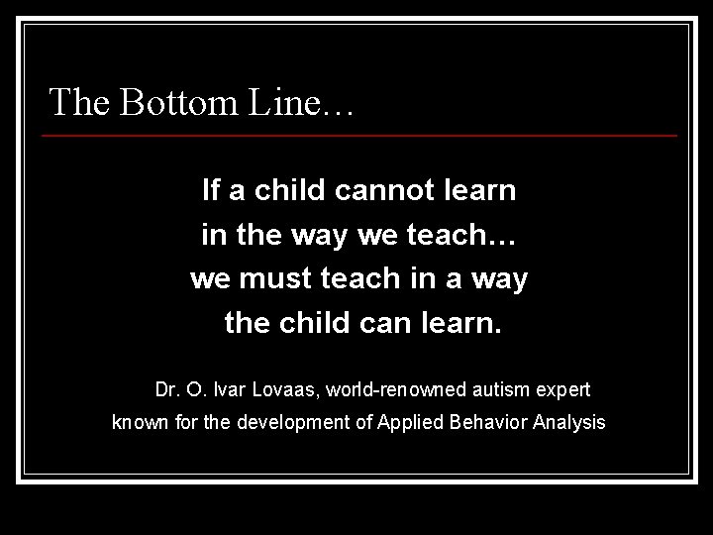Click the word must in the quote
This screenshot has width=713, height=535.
pyautogui.click(x=272, y=279)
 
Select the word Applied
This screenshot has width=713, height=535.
pyautogui.click(x=407, y=424)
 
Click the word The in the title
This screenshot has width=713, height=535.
pyautogui.click(x=79, y=101)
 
